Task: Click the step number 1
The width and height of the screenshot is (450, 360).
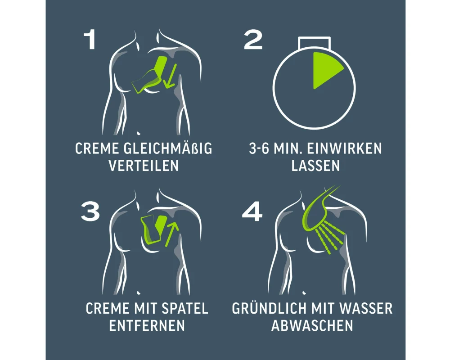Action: click(90, 40)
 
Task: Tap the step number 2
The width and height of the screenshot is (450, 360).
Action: click(253, 40)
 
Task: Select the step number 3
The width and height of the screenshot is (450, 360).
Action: click(90, 211)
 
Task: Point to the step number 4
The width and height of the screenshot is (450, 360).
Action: click(252, 211)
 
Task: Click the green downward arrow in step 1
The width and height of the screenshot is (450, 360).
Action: click(169, 76)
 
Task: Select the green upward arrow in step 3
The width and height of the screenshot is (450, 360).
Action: click(172, 234)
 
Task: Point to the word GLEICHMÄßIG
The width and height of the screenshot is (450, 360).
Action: click(168, 148)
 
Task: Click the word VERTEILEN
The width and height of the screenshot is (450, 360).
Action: click(144, 166)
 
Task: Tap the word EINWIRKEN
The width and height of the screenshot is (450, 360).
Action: click(345, 148)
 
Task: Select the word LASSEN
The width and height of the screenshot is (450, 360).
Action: click(316, 166)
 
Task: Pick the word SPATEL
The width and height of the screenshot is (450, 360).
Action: click(185, 308)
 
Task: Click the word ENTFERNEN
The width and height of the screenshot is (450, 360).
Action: click(147, 325)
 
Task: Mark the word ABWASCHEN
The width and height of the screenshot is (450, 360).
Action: click(312, 325)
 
